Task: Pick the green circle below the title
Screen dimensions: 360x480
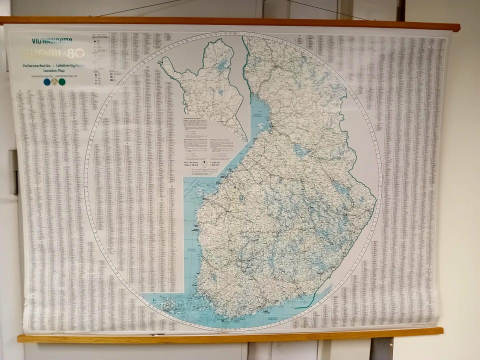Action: (x=62, y=82)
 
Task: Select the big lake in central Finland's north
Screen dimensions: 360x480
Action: (x=300, y=150)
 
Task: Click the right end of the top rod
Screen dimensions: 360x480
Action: (x=456, y=26)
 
